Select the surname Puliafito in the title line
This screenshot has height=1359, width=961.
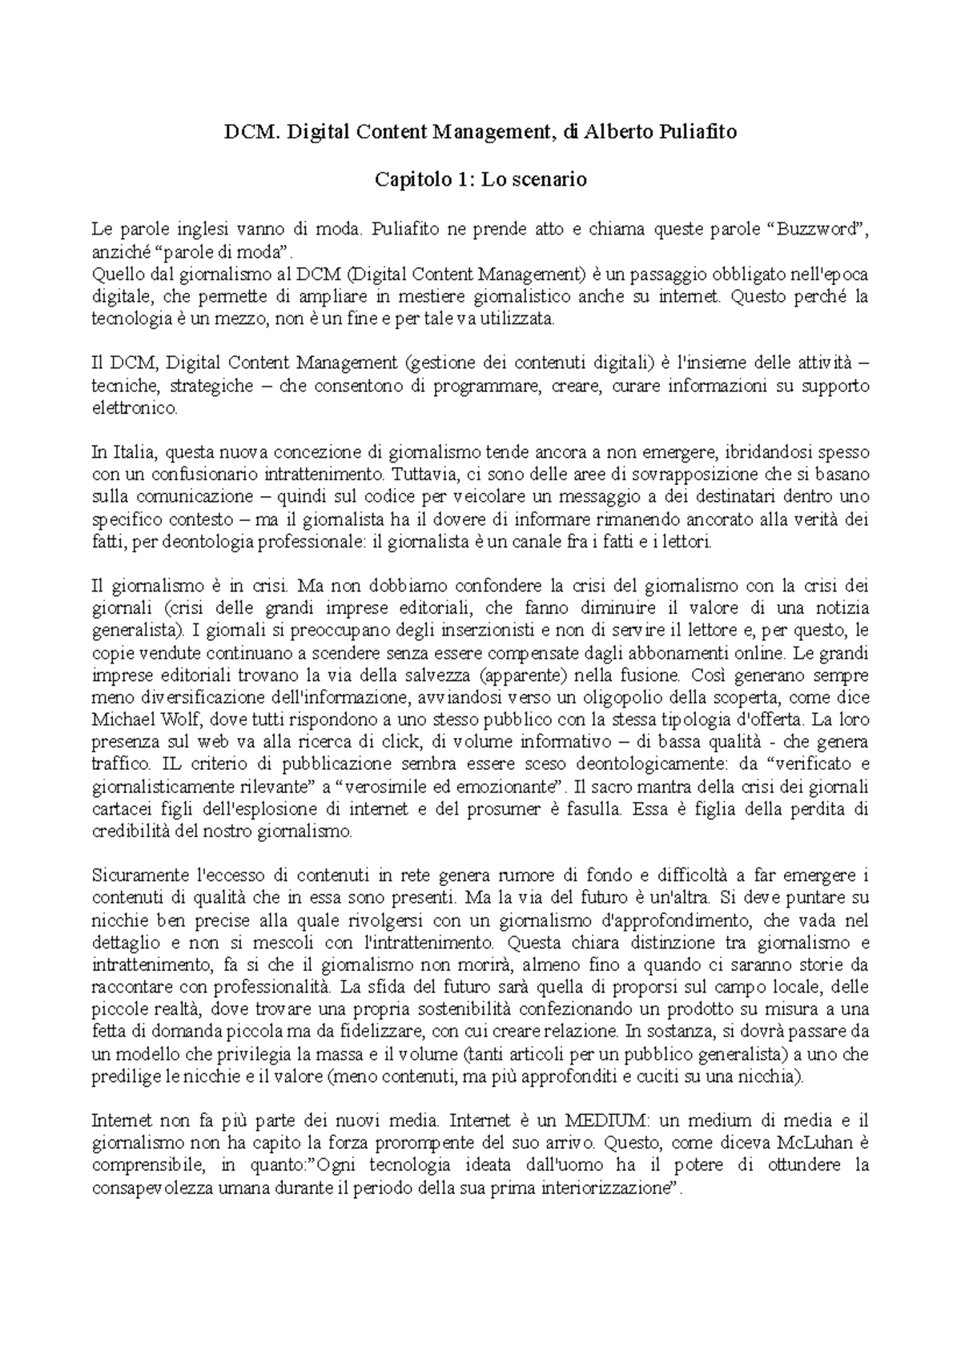click(694, 133)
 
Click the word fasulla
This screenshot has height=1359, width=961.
click(592, 808)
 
